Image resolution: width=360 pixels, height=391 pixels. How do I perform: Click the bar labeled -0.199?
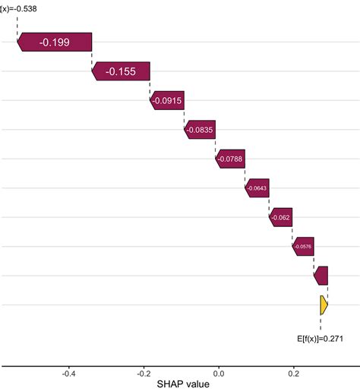[55, 43]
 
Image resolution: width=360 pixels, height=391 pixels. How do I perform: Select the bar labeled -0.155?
[121, 71]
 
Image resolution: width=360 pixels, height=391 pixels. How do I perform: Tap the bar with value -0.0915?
[166, 101]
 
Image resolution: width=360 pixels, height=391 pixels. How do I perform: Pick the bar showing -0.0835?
[200, 130]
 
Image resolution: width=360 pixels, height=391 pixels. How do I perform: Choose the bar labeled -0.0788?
[230, 159]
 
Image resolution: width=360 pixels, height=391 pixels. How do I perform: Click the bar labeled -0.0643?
[257, 188]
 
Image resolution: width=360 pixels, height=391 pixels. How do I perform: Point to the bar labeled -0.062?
[280, 217]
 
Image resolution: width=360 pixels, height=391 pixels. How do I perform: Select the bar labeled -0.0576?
[303, 246]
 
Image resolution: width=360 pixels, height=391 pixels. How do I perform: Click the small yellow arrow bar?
[324, 304]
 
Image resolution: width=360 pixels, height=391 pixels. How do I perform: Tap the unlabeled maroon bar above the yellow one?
[321, 276]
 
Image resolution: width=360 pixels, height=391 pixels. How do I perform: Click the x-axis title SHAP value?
[182, 384]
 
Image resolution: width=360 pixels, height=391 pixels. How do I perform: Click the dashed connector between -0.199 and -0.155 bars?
[92, 58]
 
